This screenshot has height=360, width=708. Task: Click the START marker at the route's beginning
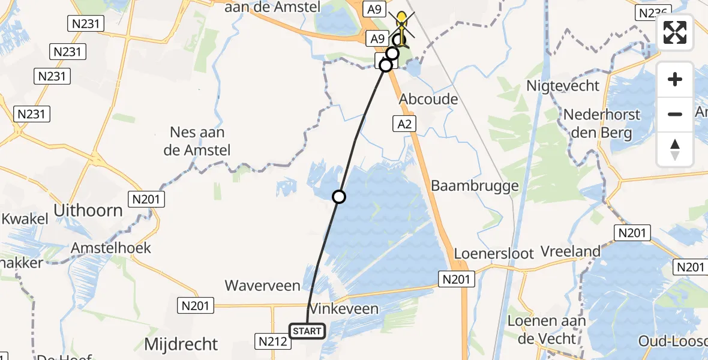coord(307,331)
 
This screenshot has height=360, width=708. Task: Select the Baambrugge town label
coord(475,186)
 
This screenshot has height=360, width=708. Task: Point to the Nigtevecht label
coord(563,86)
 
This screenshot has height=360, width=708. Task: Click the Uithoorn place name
coord(88,211)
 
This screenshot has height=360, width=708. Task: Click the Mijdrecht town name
coord(181,344)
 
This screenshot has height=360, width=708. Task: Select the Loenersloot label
coord(493,253)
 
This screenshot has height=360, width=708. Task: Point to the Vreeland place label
coord(571,251)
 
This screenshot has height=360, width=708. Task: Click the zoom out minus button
coord(675,114)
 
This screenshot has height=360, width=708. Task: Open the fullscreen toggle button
coord(675,32)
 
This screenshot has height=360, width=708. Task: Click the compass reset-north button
coord(675,149)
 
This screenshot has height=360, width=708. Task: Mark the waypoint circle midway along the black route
coord(339,196)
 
